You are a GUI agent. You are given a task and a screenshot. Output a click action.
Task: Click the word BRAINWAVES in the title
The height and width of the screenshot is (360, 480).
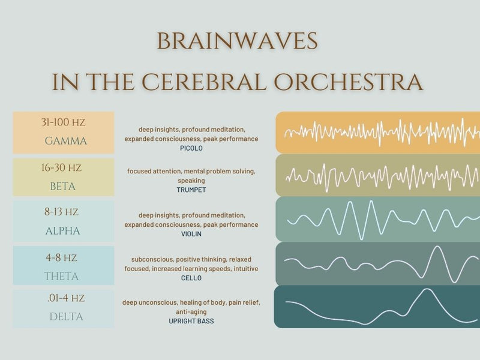click(x=237, y=41)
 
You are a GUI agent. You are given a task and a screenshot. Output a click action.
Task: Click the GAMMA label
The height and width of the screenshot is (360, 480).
click(x=66, y=142)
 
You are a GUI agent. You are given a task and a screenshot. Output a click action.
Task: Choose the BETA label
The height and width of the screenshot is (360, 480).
click(x=63, y=187)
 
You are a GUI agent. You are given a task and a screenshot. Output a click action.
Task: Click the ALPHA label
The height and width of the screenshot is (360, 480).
click(x=62, y=231)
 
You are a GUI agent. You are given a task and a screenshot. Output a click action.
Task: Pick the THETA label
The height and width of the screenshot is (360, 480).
click(x=61, y=277)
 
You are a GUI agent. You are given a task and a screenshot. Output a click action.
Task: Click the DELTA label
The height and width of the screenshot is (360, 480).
click(x=66, y=316)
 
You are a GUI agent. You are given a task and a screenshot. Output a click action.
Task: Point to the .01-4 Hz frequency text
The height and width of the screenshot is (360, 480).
click(x=65, y=298)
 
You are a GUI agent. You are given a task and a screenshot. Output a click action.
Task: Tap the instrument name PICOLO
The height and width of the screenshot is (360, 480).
click(x=191, y=148)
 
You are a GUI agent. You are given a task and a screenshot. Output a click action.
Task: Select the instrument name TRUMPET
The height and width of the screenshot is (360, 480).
click(x=191, y=190)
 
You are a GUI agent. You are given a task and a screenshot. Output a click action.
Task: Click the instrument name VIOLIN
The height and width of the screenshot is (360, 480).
click(x=191, y=234)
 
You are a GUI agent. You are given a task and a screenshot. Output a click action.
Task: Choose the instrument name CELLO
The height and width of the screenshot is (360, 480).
click(x=191, y=278)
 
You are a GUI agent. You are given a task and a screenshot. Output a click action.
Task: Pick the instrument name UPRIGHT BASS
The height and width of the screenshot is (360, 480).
click(x=191, y=321)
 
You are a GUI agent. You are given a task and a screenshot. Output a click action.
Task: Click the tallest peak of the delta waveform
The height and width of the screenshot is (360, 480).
click(x=427, y=290)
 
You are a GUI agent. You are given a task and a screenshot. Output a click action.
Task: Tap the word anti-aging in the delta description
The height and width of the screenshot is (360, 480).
click(x=191, y=311)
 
